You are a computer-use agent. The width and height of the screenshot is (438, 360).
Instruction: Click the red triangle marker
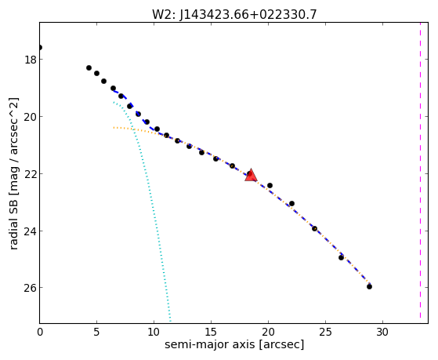click(251, 176)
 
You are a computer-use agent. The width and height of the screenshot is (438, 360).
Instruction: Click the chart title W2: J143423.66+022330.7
click(234, 15)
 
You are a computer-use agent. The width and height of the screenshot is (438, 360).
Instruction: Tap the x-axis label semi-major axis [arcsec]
click(234, 344)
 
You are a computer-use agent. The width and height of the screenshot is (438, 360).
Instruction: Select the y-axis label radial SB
click(13, 223)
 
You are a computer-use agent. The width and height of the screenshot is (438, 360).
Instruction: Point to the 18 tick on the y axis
click(30, 60)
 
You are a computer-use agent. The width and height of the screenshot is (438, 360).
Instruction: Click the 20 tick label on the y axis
click(30, 117)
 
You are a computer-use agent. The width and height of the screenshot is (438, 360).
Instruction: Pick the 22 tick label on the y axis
click(30, 174)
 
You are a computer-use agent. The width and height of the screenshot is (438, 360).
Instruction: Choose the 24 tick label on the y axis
click(30, 231)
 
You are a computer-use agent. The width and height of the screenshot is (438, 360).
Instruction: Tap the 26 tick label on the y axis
click(30, 288)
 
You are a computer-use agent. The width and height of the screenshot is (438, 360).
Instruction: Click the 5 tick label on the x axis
click(96, 333)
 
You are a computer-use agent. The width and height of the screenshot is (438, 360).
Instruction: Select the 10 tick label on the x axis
click(154, 333)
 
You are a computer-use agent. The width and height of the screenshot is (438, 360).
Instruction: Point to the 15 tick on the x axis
click(211, 333)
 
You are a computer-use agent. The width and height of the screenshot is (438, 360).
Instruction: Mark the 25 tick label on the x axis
click(325, 333)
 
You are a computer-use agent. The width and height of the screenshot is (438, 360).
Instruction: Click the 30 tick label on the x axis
click(382, 333)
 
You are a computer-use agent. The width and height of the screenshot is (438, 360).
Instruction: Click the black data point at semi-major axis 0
click(40, 47)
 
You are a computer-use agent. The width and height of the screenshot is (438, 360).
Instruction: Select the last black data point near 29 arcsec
click(369, 286)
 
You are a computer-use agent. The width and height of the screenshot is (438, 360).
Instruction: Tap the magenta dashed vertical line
click(420, 171)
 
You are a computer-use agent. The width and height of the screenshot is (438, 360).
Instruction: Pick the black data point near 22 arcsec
click(291, 203)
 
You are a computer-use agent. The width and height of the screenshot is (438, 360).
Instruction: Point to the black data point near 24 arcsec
click(314, 228)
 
